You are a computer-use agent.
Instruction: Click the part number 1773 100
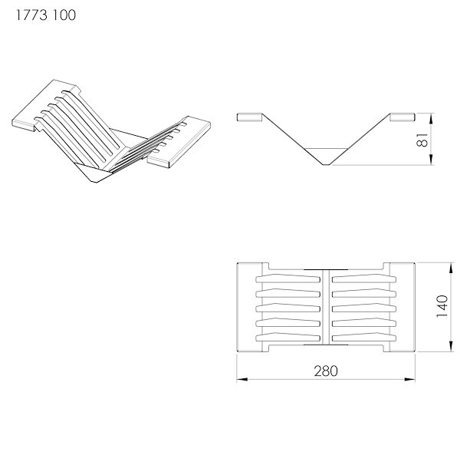coord(46,15)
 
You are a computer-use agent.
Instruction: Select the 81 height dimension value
coord(422,140)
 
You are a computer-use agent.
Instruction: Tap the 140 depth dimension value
coord(442,306)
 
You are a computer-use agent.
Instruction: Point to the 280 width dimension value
coord(326,371)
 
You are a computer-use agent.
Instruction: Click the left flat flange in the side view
coord(249,117)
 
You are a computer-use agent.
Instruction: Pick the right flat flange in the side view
coord(402,117)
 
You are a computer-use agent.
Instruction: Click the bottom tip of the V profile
coord(326,165)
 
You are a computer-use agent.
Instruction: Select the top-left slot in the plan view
coord(287,279)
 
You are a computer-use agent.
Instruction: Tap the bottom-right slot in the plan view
coord(364,338)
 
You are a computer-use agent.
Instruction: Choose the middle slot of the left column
coord(287,308)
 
